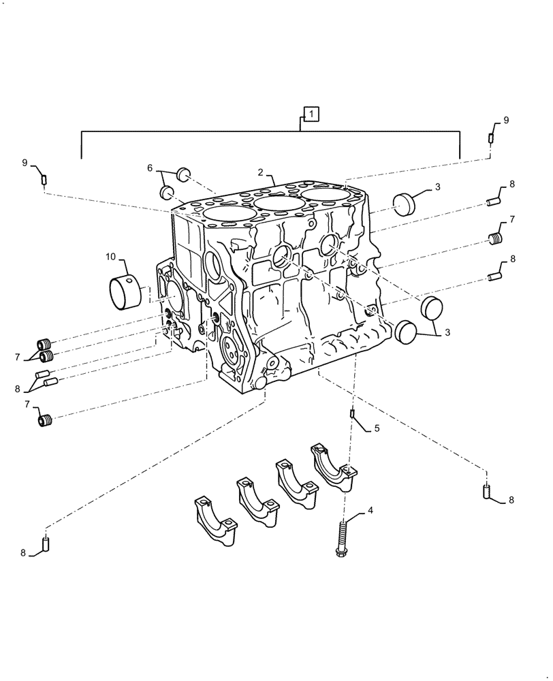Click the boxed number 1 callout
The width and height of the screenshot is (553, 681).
(x=310, y=114)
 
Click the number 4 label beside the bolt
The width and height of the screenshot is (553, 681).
(x=370, y=510)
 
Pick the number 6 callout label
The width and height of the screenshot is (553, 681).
(x=150, y=168)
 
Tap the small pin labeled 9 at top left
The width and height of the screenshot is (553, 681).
(x=44, y=180)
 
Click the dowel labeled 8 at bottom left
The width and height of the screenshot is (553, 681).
(x=46, y=544)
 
